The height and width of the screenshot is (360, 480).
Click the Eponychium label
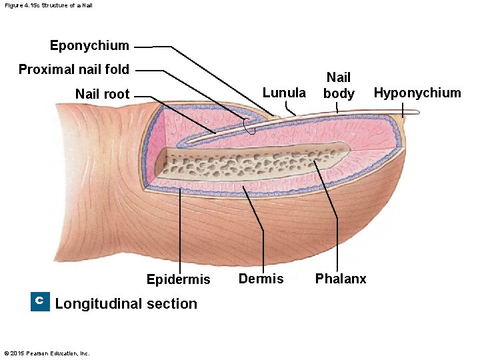click(x=89, y=45)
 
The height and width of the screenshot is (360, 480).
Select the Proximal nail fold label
click(x=74, y=69)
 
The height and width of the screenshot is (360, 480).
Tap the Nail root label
click(x=102, y=94)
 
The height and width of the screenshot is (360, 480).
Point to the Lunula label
click(x=284, y=93)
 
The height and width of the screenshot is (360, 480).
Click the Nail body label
click(x=339, y=85)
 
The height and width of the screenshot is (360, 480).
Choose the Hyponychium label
click(x=417, y=93)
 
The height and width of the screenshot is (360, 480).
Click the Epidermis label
click(x=178, y=279)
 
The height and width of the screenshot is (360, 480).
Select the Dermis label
click(x=261, y=279)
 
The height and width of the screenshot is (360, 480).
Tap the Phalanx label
click(x=341, y=279)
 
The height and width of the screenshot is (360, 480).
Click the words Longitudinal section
click(x=126, y=304)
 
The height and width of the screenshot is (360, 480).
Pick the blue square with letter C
click(x=40, y=301)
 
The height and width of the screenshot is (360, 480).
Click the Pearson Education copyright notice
click(x=47, y=353)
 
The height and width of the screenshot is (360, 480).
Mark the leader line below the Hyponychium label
click(x=403, y=110)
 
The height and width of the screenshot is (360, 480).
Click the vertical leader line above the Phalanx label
click(x=337, y=233)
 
